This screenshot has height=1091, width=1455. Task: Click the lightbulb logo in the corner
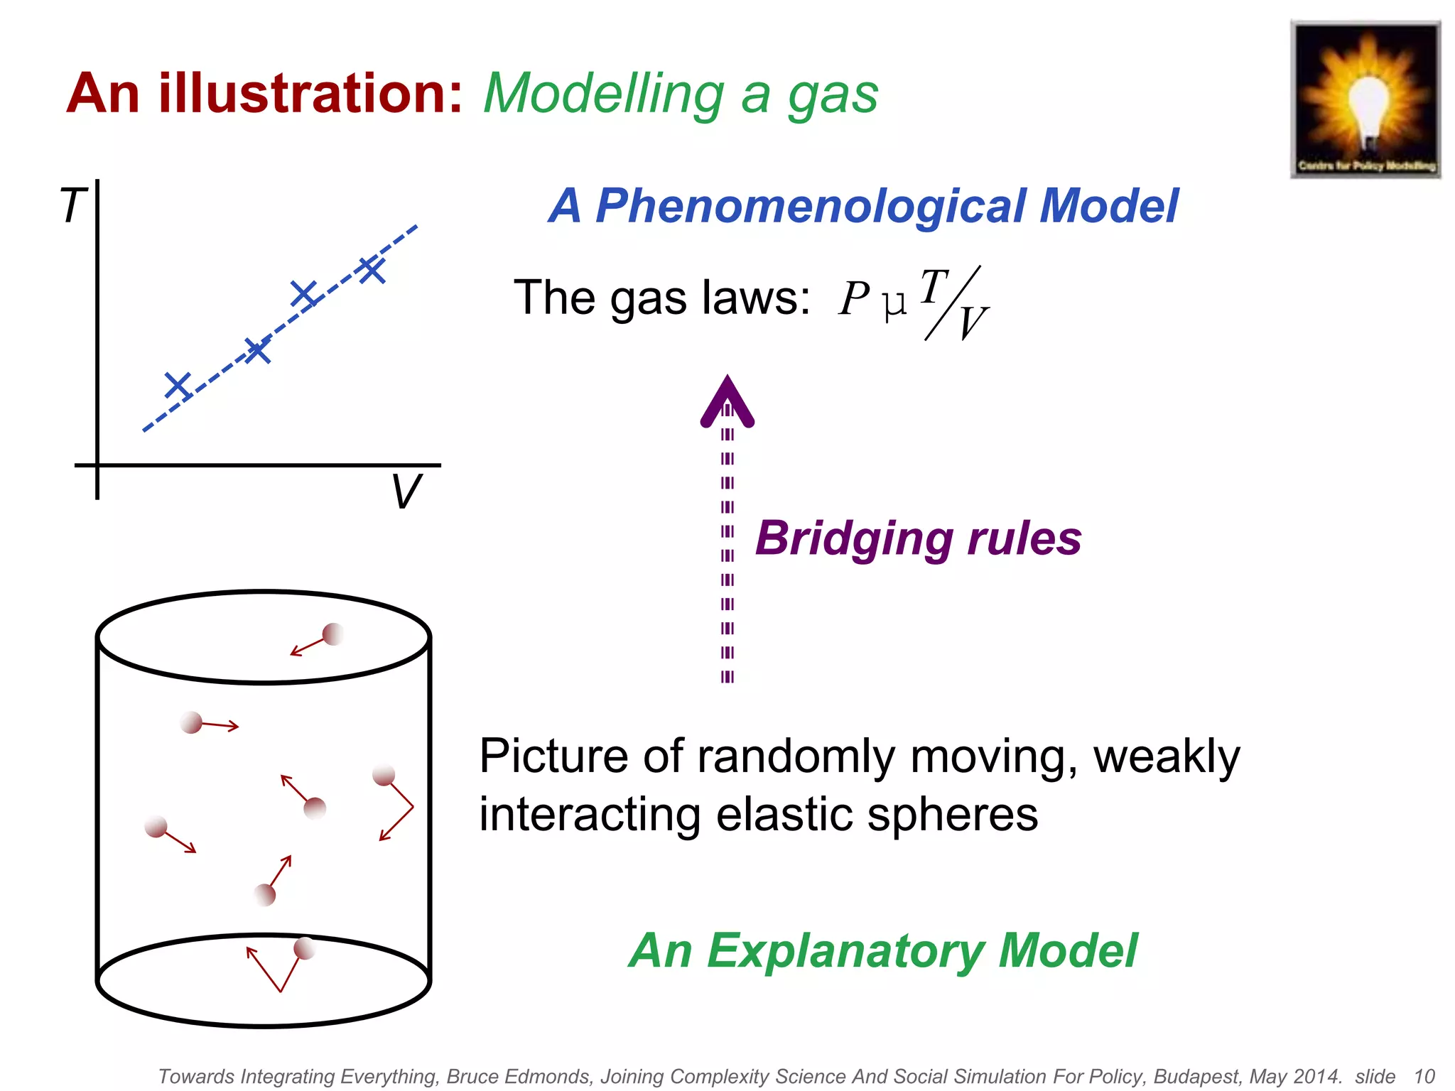click(1365, 99)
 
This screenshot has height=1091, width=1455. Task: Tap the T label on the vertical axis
click(72, 206)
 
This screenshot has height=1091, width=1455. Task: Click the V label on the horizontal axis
click(406, 492)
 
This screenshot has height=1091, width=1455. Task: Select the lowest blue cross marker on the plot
click(178, 386)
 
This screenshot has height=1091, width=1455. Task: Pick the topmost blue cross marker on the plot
click(372, 270)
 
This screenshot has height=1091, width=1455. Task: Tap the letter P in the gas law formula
click(853, 298)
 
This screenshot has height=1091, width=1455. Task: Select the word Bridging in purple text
click(853, 538)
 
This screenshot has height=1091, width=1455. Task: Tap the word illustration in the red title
click(310, 94)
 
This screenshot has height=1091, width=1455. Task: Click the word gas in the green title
click(833, 95)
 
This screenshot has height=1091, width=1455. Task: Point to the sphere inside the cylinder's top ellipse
click(332, 634)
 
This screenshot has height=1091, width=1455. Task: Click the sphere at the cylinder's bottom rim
click(304, 948)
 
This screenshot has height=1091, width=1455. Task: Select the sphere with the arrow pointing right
click(191, 723)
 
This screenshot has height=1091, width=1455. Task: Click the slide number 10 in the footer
click(1424, 1076)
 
